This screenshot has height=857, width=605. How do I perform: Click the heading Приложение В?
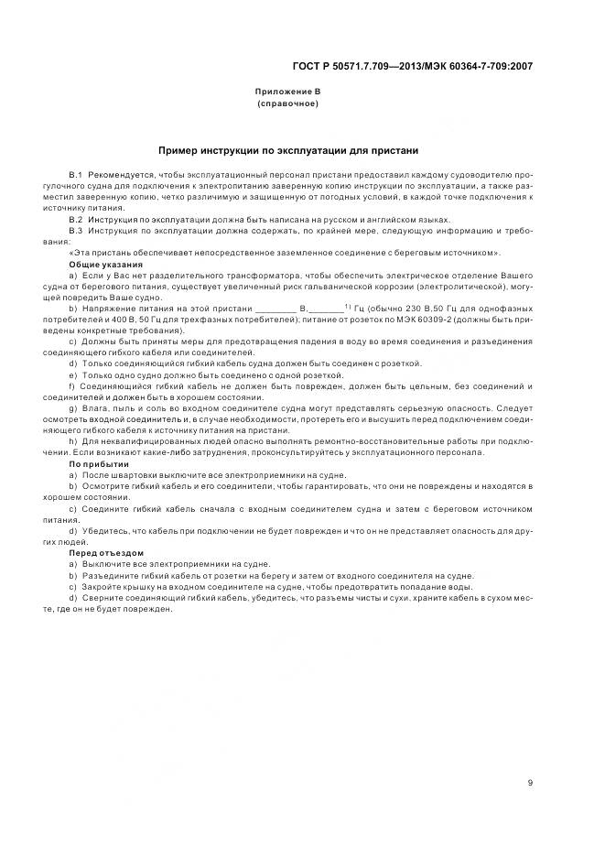click(287, 92)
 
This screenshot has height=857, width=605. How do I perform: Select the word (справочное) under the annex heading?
click(287, 103)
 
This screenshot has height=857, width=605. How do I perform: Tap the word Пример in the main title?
click(181, 150)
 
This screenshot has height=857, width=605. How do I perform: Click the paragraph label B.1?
click(76, 173)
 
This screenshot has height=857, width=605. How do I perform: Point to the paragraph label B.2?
click(76, 220)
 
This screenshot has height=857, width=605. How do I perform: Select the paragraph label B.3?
click(76, 232)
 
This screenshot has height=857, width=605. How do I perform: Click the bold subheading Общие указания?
click(100, 264)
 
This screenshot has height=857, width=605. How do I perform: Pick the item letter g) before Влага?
click(73, 407)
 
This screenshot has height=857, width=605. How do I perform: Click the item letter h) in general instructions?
click(73, 441)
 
